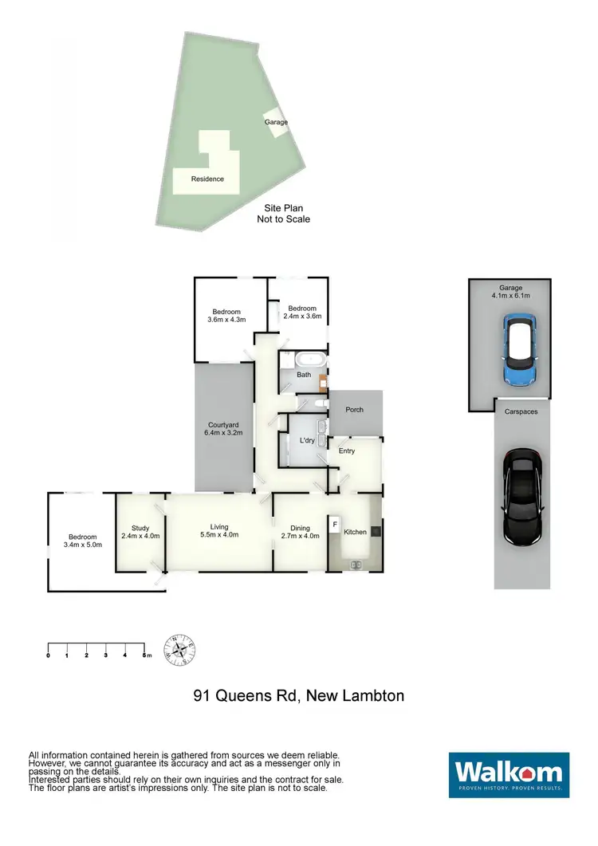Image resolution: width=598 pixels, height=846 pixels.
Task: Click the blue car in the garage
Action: click(x=520, y=349)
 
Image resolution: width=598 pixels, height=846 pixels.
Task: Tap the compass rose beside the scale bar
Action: click(x=180, y=650)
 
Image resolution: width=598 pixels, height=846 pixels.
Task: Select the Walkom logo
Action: click(x=509, y=774)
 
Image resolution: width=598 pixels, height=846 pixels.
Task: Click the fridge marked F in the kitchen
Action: click(x=335, y=525)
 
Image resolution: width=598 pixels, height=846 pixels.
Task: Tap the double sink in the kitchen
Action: click(x=356, y=565)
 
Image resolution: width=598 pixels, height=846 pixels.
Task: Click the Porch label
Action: click(x=355, y=410)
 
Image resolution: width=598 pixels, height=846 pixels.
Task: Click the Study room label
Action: click(x=140, y=527)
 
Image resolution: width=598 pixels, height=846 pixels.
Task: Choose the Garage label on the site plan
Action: click(x=277, y=122)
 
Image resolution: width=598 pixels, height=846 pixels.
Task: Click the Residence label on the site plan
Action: click(x=207, y=179)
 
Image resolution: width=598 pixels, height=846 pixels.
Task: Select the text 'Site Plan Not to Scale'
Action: click(x=283, y=213)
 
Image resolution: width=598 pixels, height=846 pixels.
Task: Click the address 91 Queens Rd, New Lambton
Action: click(x=299, y=695)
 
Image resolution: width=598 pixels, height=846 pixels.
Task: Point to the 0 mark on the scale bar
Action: click(x=49, y=655)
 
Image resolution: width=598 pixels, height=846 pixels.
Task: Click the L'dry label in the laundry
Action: click(x=305, y=441)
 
